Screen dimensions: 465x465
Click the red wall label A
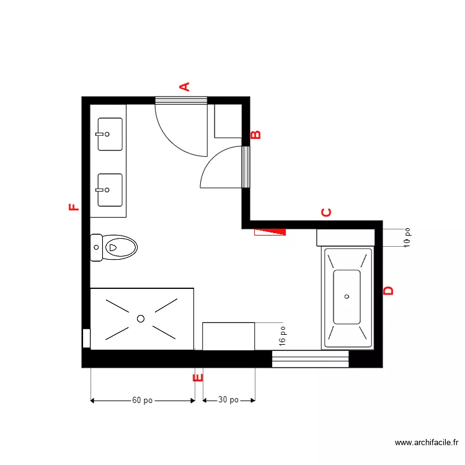pyautogui.click(x=184, y=87)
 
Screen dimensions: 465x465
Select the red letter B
pyautogui.click(x=256, y=135)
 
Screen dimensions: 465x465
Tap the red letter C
pyautogui.click(x=326, y=213)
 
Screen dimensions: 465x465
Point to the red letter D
pyautogui.click(x=389, y=291)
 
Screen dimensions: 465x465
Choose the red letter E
pyautogui.click(x=198, y=377)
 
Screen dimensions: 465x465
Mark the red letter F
pyautogui.click(x=74, y=207)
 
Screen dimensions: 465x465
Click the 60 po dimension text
pyautogui.click(x=143, y=401)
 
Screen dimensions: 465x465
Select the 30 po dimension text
pyautogui.click(x=228, y=401)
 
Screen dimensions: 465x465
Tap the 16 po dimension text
pyautogui.click(x=283, y=336)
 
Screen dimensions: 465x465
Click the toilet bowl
pyautogui.click(x=120, y=247)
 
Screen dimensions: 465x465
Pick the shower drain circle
pyautogui.click(x=141, y=319)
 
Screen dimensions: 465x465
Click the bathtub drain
pyautogui.click(x=347, y=296)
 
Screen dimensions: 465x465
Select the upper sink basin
pyautogui.click(x=110, y=134)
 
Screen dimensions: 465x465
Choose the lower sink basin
pyautogui.click(x=110, y=190)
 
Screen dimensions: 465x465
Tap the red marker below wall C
pyautogui.click(x=270, y=232)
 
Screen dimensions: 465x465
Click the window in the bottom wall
pyautogui.click(x=310, y=359)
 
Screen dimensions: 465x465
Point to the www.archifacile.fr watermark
pyautogui.click(x=427, y=443)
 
